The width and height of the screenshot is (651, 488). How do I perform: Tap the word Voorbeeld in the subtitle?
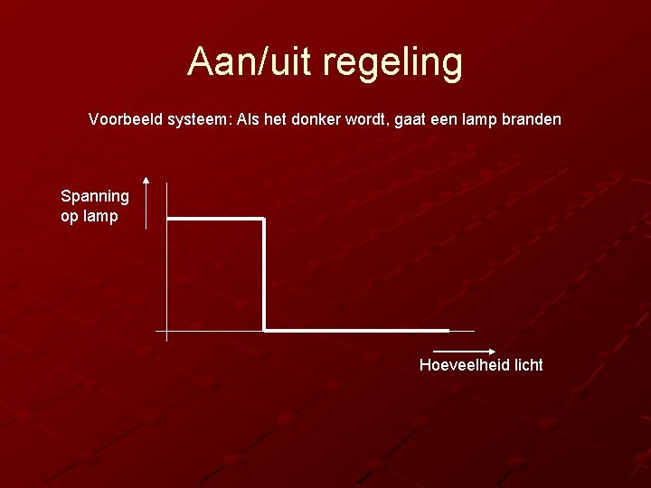click(127, 118)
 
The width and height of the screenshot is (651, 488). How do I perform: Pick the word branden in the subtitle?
click(532, 118)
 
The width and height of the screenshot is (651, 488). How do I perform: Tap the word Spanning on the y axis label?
click(95, 196)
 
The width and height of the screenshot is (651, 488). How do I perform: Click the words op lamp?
click(89, 216)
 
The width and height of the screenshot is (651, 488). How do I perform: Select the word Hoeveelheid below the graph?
click(464, 365)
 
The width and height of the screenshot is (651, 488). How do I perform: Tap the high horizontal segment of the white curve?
click(215, 219)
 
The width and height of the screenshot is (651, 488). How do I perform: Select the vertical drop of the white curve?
click(263, 274)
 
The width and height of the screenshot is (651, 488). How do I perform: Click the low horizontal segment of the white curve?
click(356, 330)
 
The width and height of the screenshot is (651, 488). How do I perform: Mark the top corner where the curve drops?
click(263, 219)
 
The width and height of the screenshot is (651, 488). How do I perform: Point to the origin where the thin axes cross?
click(167, 330)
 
